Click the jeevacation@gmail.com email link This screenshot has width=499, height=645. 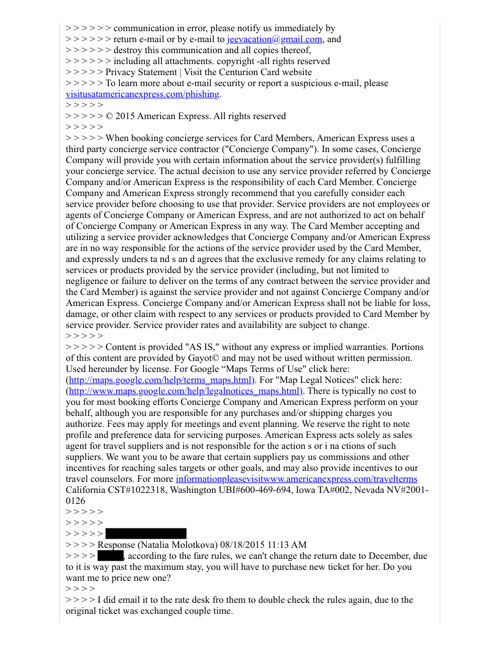tap(274, 39)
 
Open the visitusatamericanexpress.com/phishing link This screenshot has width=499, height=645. tap(142, 94)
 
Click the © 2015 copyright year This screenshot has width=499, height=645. tap(128, 116)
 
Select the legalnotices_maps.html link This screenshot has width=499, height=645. tap(185, 391)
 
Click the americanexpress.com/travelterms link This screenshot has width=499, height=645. tap(297, 479)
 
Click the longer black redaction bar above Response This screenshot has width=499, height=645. tap(146, 534)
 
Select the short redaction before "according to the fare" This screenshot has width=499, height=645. tap(111, 556)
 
